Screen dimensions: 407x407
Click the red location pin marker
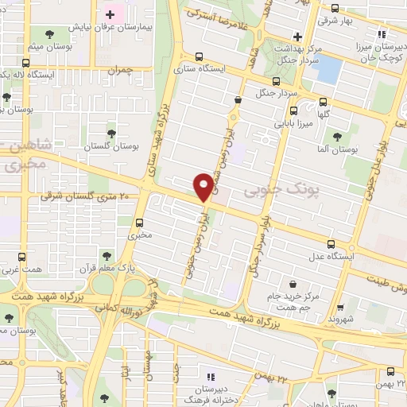click(x=203, y=186)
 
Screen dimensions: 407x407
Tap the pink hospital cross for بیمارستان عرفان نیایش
click(x=110, y=14)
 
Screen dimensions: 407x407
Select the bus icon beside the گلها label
click(x=324, y=101)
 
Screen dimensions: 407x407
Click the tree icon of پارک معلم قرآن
click(x=105, y=255)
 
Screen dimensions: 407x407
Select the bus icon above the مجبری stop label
click(x=139, y=222)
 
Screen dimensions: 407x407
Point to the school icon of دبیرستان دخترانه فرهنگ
click(x=211, y=376)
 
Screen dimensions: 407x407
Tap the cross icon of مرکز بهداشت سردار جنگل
click(x=297, y=36)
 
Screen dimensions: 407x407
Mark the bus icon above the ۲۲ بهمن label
click(x=389, y=371)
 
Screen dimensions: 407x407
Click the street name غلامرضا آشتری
click(x=219, y=23)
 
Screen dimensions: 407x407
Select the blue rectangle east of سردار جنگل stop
click(x=326, y=69)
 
